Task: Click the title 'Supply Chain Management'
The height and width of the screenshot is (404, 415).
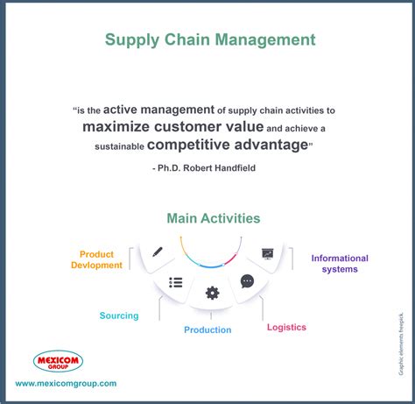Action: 210,39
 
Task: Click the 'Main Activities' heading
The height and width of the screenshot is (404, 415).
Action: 213,218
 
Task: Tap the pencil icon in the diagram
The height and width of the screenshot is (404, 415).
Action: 158,252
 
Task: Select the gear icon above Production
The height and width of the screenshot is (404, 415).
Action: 212,293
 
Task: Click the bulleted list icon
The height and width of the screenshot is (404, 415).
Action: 176,282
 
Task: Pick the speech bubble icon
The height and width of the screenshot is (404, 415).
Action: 247,281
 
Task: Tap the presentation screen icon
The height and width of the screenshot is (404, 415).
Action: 267,253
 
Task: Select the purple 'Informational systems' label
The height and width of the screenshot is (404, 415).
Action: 340,264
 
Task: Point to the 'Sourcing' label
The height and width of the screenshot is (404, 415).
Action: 119,315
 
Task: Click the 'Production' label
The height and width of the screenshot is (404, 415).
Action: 207,330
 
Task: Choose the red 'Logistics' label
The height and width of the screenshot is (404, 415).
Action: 286,327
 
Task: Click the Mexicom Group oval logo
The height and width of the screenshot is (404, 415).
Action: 58,361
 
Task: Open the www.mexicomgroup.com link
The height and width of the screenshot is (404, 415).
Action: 66,383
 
